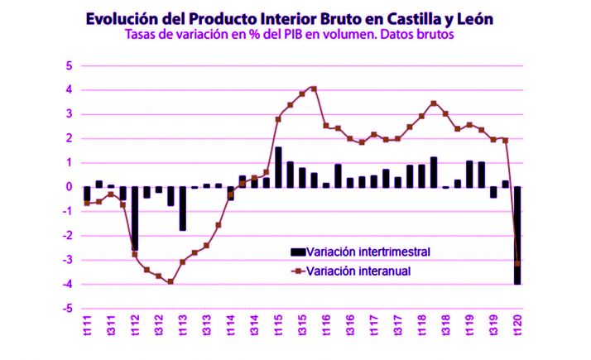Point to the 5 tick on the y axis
(70, 65)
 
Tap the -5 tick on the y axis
(69, 309)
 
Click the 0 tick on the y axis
(70, 187)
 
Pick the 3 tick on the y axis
(70, 114)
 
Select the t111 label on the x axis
(87, 326)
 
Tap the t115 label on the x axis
(278, 326)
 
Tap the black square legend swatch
(297, 252)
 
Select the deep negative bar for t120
(518, 236)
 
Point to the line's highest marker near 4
(314, 89)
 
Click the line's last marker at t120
(518, 263)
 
